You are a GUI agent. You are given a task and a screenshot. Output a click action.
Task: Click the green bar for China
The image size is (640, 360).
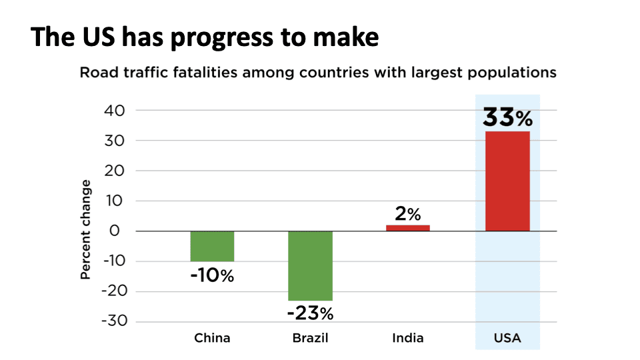pos(212,246)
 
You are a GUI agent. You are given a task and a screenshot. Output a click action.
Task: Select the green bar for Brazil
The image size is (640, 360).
pos(310,265)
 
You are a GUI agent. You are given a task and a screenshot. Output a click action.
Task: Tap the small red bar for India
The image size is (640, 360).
pos(408,228)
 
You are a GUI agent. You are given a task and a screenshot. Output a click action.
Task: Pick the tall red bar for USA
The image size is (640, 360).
pos(507,181)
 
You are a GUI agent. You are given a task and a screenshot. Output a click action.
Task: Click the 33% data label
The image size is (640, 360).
pos(507,118)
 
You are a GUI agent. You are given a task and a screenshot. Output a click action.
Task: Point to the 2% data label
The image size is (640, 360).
pos(408,214)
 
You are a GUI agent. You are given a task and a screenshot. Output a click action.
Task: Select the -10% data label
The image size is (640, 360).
pos(212,275)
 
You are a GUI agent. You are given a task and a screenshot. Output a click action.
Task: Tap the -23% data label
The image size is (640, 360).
pos(310,313)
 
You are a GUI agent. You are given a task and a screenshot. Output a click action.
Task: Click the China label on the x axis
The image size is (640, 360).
pos(212,338)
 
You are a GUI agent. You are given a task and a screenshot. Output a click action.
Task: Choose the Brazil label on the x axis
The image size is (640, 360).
pos(310,338)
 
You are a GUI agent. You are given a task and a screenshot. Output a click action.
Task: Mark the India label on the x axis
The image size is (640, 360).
pos(408,338)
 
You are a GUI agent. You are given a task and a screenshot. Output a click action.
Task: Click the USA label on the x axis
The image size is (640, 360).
pos(507,338)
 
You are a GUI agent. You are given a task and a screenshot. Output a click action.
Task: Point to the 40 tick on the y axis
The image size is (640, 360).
pos(115,111)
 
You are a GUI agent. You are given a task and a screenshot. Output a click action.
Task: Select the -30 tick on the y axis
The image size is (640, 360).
pos(113,321)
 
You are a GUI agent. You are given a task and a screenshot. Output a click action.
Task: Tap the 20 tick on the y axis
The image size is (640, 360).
pos(115,171)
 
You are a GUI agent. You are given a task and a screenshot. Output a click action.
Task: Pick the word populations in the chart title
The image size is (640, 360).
pos(513,72)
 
